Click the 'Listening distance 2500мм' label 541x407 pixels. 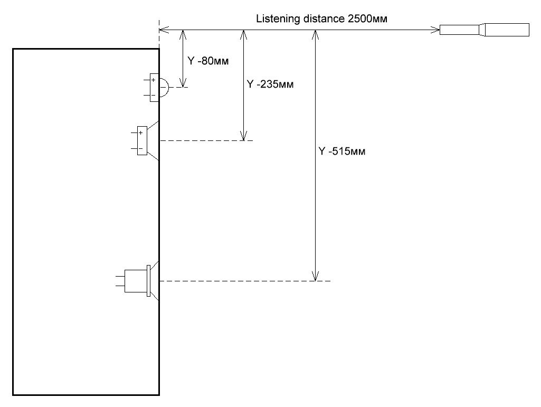321,18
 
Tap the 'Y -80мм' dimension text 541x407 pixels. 208,61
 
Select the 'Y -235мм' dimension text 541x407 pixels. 270,84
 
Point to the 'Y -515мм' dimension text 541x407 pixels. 342,151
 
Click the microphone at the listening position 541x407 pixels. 485,30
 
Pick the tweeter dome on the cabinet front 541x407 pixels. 164,87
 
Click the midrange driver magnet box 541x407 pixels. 142,140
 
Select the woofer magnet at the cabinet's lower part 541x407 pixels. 136,281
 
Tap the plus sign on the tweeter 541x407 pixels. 154,80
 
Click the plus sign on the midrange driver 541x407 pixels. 140,133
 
